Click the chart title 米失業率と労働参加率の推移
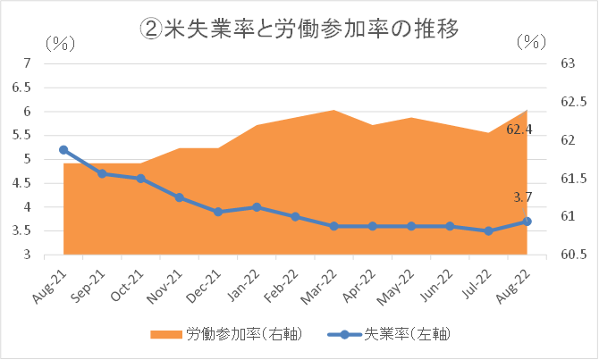pyautogui.click(x=299, y=29)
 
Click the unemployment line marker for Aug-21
pyautogui.click(x=63, y=150)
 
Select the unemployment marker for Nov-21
pyautogui.click(x=180, y=197)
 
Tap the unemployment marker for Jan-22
pyautogui.click(x=257, y=207)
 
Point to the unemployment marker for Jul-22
pyautogui.click(x=488, y=231)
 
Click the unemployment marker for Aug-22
pyautogui.click(x=527, y=222)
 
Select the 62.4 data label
pyautogui.click(x=519, y=130)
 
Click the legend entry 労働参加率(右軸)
pyautogui.click(x=225, y=334)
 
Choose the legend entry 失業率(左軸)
pyautogui.click(x=393, y=334)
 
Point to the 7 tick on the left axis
pyautogui.click(x=28, y=63)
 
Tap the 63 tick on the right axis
pyautogui.click(x=567, y=63)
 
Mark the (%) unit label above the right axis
pyautogui.click(x=534, y=42)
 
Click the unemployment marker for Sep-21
pyautogui.click(x=103, y=173)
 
